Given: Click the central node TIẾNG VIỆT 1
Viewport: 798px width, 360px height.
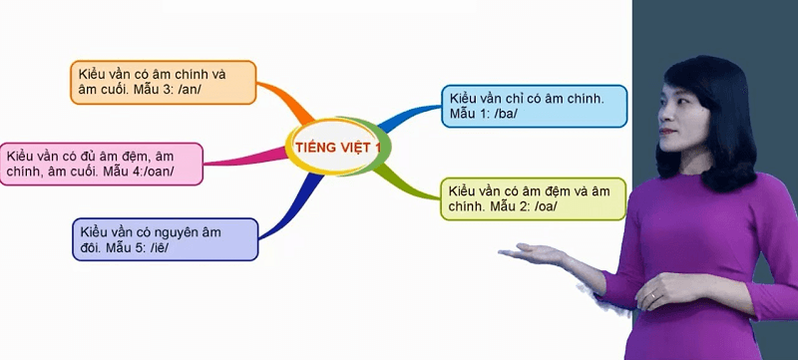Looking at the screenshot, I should click(x=338, y=149).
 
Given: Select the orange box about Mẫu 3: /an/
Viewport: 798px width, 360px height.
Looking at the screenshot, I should click(x=165, y=83).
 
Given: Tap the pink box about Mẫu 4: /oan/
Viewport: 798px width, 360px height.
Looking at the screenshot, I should click(x=102, y=164).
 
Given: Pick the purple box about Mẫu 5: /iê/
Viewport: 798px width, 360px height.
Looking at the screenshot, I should click(x=165, y=239).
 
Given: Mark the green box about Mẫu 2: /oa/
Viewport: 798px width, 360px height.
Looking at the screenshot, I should click(x=533, y=198).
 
